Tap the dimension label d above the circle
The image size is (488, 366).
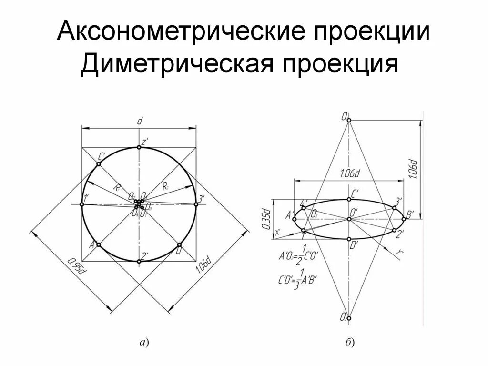(139, 121)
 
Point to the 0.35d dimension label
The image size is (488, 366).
(267, 218)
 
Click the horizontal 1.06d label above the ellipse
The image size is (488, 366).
(350, 174)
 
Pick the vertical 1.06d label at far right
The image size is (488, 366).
(414, 169)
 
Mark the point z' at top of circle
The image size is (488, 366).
(139, 147)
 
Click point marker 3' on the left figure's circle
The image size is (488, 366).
(196, 204)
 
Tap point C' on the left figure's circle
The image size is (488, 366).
(98, 164)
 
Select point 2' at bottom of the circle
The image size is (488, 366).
(139, 261)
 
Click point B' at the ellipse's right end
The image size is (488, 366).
(404, 219)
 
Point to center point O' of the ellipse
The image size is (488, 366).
(349, 219)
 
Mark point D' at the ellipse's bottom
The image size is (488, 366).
(349, 239)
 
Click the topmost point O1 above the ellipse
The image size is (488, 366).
(349, 121)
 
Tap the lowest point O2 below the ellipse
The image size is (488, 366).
(349, 318)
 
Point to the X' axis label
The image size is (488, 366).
(279, 233)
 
